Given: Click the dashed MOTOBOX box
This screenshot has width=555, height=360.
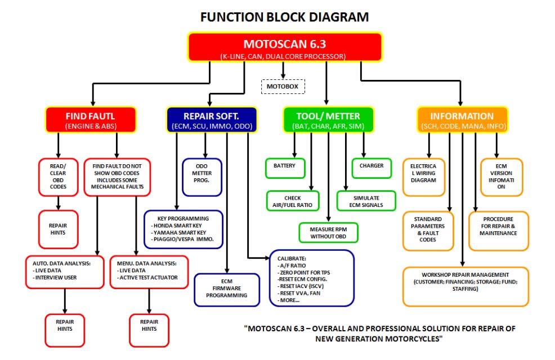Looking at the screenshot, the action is tap(283, 87).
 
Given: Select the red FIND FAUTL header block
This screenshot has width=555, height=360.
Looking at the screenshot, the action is tap(91, 120).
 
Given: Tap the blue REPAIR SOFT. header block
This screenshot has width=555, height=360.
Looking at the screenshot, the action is tap(212, 120).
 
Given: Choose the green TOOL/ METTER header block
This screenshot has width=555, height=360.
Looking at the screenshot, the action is tap(328, 120).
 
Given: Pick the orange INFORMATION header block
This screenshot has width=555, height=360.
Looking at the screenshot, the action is tap(462, 120).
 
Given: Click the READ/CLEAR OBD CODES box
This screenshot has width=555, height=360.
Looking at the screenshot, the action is tap(58, 177).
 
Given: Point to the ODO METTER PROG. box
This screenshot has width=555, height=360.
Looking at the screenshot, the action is tap(202, 177).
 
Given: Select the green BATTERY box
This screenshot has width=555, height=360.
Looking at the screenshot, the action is tap(285, 168).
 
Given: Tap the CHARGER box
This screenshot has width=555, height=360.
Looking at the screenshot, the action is tap(372, 168).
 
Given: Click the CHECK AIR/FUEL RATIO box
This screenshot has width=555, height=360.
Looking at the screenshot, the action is tap(293, 201).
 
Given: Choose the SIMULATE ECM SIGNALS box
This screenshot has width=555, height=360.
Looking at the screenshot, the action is tap(366, 201).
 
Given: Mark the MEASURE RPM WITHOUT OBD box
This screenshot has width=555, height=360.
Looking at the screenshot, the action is tap(328, 232).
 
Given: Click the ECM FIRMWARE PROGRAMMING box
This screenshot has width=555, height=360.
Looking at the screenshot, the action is tap(227, 290).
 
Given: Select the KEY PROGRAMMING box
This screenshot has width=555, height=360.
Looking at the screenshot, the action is tap(183, 229).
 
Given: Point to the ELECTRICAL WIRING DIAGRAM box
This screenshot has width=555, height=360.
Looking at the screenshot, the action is tap(424, 177).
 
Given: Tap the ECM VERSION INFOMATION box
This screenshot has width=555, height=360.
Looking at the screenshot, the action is tap(502, 177).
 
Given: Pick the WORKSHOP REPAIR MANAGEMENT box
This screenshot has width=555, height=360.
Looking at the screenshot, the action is tap(466, 287).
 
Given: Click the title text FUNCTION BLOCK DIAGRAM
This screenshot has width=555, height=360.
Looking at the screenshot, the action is tap(285, 17).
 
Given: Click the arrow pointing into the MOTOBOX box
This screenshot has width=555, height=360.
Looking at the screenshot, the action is tap(283, 70).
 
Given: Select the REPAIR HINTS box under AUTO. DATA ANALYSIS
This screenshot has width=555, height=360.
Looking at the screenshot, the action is tap(65, 331).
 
